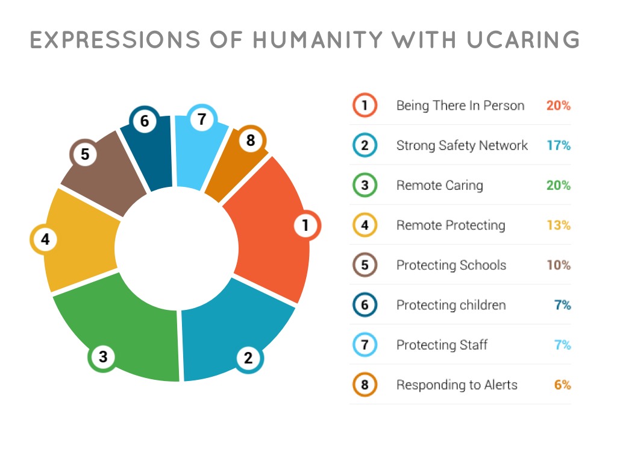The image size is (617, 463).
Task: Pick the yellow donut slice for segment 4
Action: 79,240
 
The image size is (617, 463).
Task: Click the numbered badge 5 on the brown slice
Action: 84,154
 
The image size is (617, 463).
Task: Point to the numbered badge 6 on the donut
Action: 145,121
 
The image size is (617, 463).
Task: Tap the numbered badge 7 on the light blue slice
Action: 202,119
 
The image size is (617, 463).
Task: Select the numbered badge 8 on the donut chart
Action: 251,140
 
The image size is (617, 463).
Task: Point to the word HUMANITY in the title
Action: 317,40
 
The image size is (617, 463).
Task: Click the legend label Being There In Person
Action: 460,106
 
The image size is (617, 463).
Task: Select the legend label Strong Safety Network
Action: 462,146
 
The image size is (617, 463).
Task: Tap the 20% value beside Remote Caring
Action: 559,185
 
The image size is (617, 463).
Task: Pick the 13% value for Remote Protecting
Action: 559,225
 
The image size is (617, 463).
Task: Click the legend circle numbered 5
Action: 365,265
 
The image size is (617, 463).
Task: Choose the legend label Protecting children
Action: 451,304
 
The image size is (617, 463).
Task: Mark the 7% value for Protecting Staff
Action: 563,345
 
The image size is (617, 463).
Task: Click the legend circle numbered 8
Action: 365,385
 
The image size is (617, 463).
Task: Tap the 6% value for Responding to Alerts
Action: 563,385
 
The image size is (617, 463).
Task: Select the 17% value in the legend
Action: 559,145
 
